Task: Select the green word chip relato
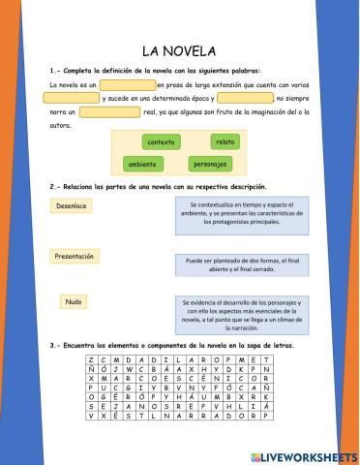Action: click(x=224, y=142)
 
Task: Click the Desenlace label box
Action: click(x=72, y=206)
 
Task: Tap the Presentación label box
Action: click(x=75, y=256)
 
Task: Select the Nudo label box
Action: click(x=73, y=302)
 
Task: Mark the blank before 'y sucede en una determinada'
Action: click(x=72, y=99)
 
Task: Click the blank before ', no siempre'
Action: click(x=245, y=99)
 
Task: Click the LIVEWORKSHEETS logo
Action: click(x=303, y=455)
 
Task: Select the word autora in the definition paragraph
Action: click(x=60, y=125)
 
